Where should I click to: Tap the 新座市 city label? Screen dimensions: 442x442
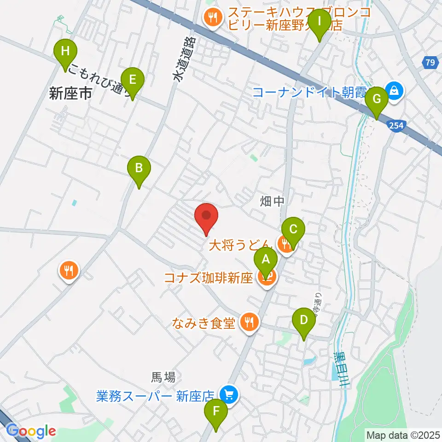tap(70, 94)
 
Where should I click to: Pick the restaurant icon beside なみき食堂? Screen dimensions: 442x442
tap(249, 322)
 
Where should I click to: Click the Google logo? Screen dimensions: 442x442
tap(31, 431)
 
